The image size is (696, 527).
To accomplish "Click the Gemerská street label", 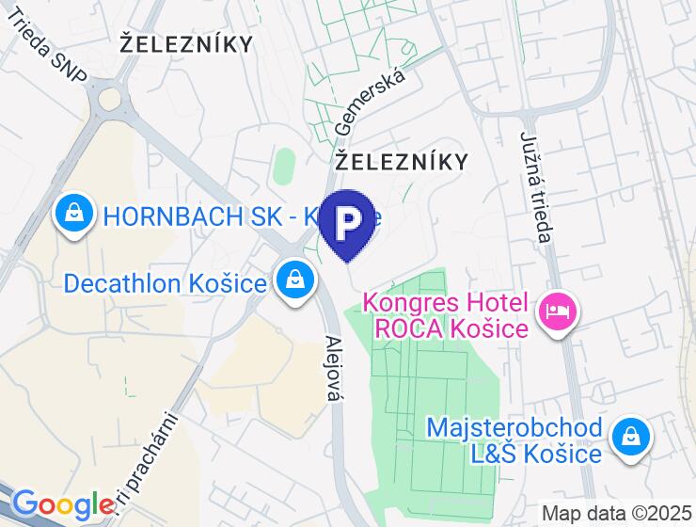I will [x=370, y=101].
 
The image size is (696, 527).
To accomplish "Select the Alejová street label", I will [x=331, y=368].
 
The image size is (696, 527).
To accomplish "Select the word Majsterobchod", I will [x=514, y=428].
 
